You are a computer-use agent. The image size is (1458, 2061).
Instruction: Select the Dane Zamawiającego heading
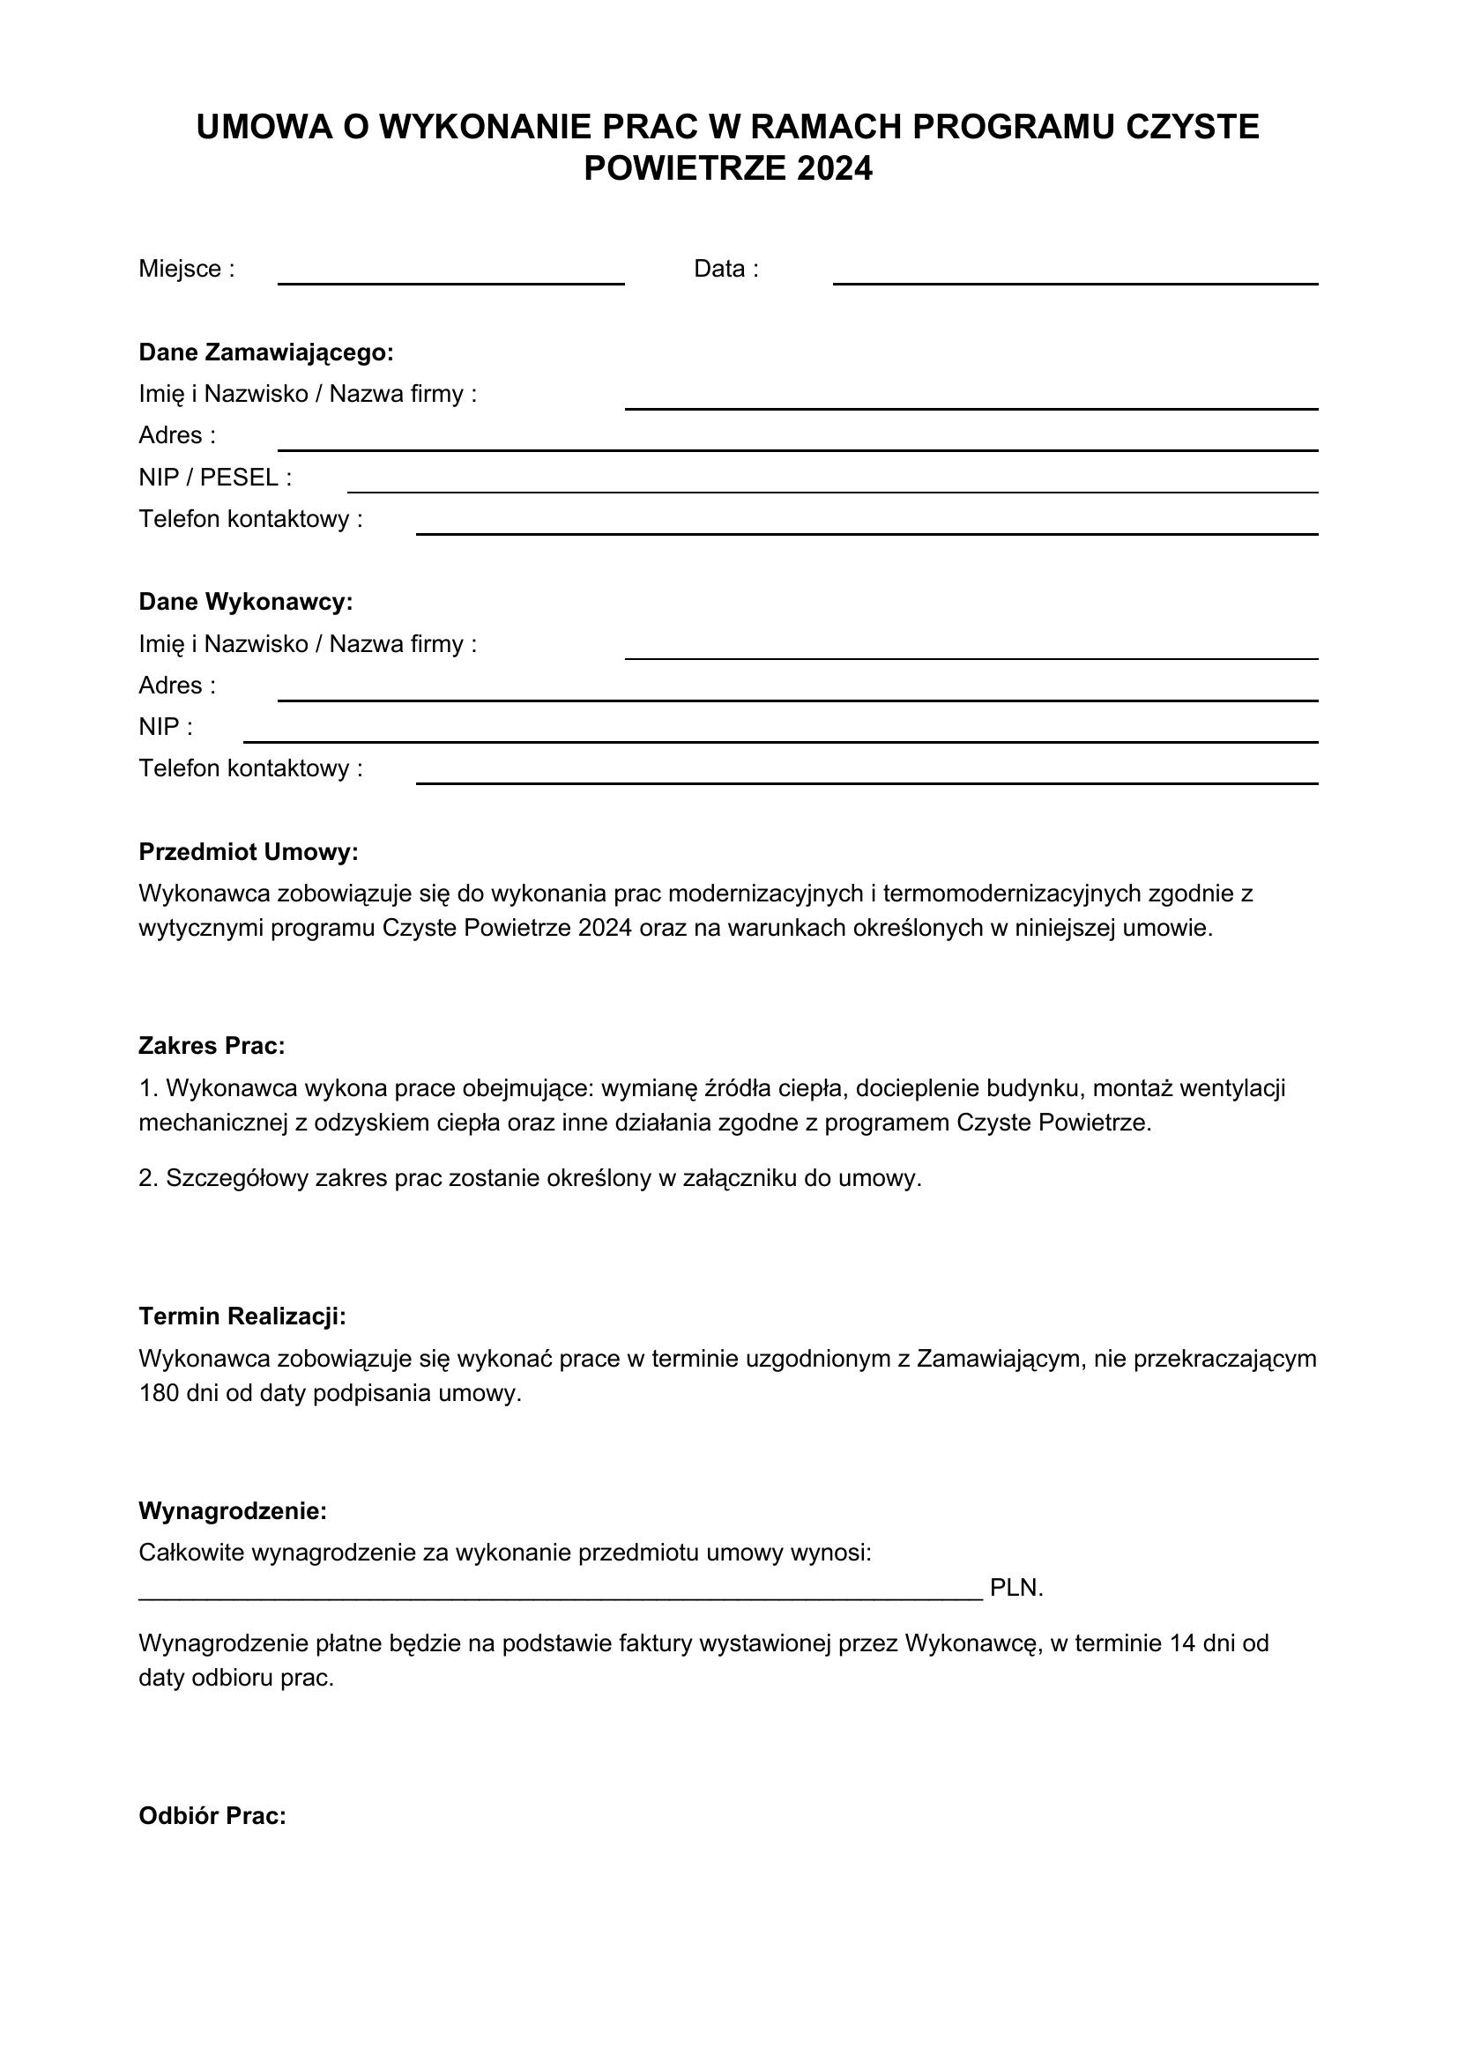tap(265, 352)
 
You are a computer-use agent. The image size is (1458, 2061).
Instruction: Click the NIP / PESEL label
tap(214, 477)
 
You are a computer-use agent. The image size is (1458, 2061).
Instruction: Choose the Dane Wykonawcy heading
tap(245, 602)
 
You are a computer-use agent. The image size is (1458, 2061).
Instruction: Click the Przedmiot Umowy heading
tap(248, 851)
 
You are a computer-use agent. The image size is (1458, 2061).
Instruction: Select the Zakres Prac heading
tap(211, 1045)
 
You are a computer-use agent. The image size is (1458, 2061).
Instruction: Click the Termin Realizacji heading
tap(242, 1316)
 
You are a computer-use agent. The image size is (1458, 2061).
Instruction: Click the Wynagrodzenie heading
tap(233, 1511)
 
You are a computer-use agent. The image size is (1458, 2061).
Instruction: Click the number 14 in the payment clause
tap(1184, 1642)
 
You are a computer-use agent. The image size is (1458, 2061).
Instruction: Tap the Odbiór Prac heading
tap(212, 1816)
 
